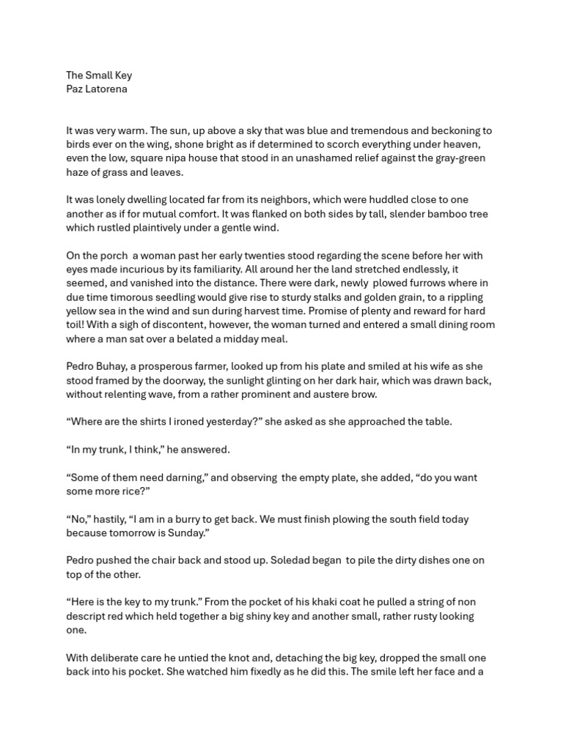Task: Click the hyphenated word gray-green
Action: (x=457, y=158)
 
